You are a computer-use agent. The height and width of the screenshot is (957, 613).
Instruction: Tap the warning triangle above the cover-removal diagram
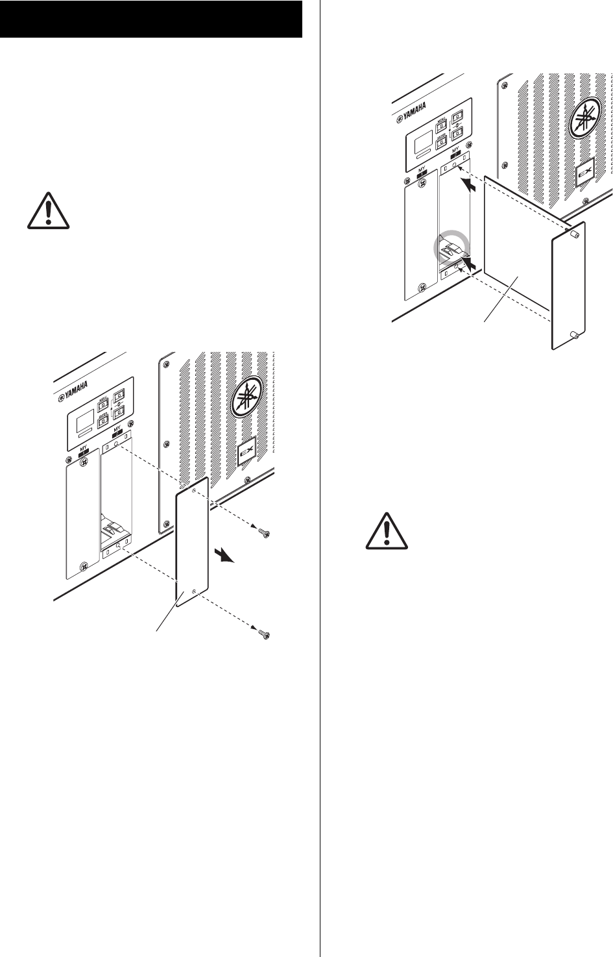49,209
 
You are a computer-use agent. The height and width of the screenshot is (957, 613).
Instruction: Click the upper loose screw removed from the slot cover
265,533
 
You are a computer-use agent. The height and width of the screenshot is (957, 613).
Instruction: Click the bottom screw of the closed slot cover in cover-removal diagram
83,566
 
